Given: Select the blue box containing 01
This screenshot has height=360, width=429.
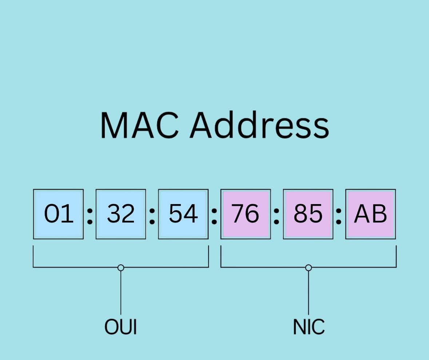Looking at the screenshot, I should click(x=59, y=214).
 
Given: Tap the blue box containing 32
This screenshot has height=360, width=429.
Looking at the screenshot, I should click(x=121, y=214).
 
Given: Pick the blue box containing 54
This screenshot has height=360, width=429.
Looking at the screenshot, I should click(x=183, y=214).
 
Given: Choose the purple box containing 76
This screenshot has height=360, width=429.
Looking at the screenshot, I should click(x=246, y=214).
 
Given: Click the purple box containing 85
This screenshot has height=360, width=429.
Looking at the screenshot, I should click(x=308, y=214).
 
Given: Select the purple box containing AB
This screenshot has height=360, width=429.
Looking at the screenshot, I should click(x=370, y=214).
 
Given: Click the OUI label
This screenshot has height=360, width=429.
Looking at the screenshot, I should click(x=121, y=327).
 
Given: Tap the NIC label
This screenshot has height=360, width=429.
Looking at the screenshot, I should click(x=309, y=327).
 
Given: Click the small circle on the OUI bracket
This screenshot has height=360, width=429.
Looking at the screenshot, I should click(x=121, y=268).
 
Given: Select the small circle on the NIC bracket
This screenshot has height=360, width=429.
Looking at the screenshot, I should click(x=309, y=268).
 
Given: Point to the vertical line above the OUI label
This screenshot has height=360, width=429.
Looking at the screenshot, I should click(x=121, y=293).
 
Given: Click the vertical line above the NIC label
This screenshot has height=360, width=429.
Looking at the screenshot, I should click(x=309, y=293).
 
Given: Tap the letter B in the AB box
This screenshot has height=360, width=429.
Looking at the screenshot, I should click(x=379, y=214).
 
